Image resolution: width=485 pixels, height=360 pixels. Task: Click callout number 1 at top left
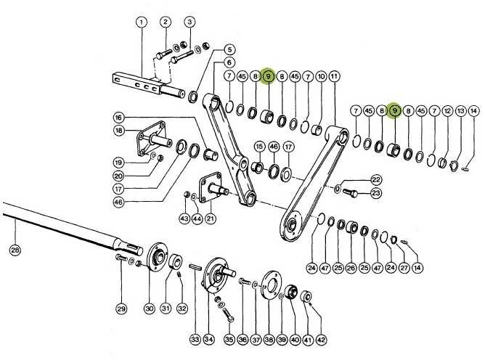coord(142,22)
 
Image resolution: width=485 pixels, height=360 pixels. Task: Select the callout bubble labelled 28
coord(15,250)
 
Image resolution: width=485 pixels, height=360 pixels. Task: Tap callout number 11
coord(334,76)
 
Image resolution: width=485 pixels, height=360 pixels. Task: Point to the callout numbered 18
coord(119,131)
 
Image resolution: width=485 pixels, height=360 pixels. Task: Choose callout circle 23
coord(375,193)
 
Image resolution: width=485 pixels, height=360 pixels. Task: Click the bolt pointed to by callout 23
coord(350,192)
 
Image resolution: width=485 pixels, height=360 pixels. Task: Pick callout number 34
coord(209,340)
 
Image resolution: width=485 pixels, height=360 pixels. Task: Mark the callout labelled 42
coord(322,340)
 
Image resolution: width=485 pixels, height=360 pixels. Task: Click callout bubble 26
coord(351,268)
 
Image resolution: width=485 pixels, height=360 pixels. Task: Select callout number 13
coord(461,111)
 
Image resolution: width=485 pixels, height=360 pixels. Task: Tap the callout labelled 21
coord(211,218)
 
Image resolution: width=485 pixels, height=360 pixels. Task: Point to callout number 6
coord(229,63)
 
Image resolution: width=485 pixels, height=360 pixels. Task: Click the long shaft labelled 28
coord(73,226)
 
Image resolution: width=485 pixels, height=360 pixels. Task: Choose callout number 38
coord(269,340)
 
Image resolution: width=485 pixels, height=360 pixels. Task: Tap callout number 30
coord(150,308)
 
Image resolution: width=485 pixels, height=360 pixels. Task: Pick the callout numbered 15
coord(259,147)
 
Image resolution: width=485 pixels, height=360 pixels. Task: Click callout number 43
coord(184,218)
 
